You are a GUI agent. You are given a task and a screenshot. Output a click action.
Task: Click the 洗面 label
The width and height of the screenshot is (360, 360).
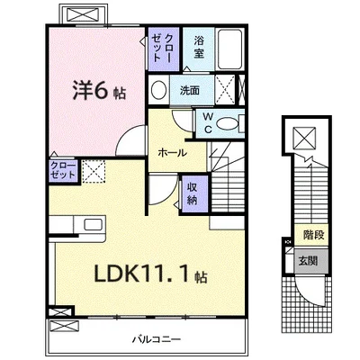point(189,90)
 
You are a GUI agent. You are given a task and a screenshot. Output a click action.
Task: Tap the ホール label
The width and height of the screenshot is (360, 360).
point(172,152)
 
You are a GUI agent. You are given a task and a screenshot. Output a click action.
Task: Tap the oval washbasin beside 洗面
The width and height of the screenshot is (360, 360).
point(159,90)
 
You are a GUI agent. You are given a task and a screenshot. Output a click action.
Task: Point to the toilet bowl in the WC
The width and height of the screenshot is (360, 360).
point(228,125)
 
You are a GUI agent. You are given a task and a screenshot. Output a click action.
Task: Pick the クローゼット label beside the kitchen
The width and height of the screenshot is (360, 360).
point(37,171)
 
